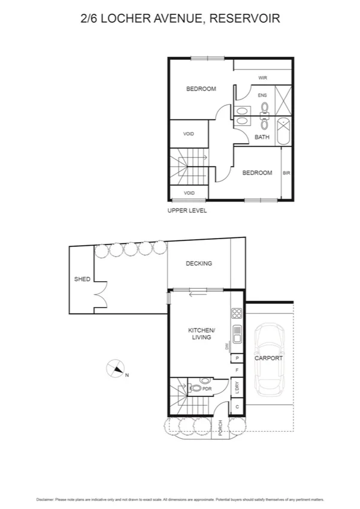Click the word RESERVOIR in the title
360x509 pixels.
pyautogui.click(x=245, y=19)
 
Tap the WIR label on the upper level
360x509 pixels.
pyautogui.click(x=262, y=78)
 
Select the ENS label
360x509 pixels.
pyautogui.click(x=262, y=95)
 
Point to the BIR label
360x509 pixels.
pyautogui.click(x=286, y=173)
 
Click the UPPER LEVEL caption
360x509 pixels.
pyautogui.click(x=187, y=210)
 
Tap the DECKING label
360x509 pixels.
pyautogui.click(x=199, y=263)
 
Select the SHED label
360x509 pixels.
pyautogui.click(x=82, y=279)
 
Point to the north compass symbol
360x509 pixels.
pyautogui.click(x=115, y=368)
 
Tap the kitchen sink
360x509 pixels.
pyautogui.click(x=237, y=334)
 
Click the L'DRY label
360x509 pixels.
pyautogui.click(x=237, y=388)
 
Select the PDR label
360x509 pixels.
pyautogui.click(x=207, y=388)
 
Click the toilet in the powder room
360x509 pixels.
pyautogui.click(x=195, y=388)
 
